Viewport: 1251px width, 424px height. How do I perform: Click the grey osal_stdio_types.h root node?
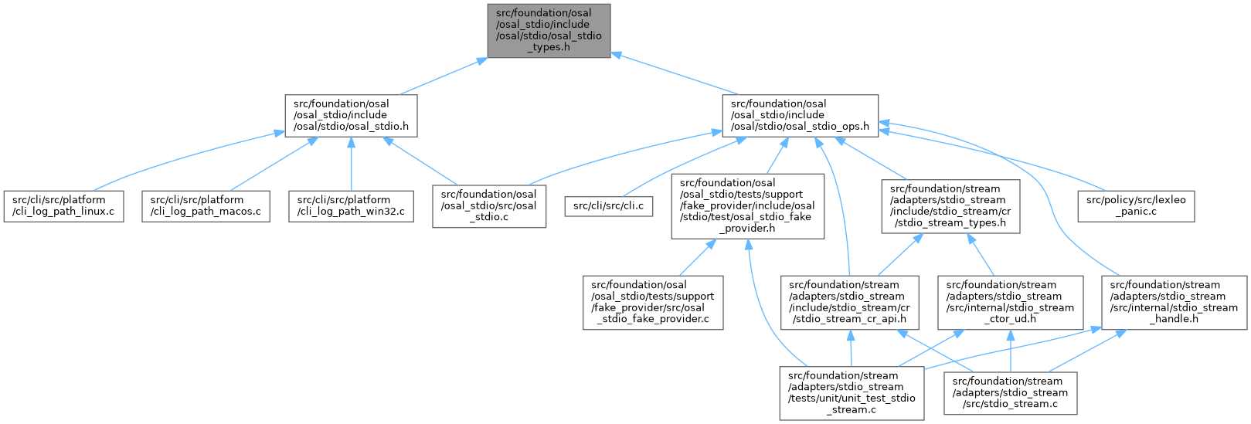tap(549, 29)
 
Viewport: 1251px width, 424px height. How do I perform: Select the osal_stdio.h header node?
tap(351, 116)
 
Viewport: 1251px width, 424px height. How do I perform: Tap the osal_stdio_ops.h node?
tap(800, 116)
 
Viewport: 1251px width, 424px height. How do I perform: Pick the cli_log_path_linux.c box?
tap(63, 205)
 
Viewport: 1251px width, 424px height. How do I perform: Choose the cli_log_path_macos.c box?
tap(206, 205)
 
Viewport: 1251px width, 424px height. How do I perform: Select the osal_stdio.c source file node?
tap(489, 205)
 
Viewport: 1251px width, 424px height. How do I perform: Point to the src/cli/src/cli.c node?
tap(609, 206)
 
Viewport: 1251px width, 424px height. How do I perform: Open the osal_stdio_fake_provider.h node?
tap(747, 205)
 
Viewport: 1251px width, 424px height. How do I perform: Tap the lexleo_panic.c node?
tap(1136, 205)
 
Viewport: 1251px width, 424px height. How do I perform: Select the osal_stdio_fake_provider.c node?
tap(653, 302)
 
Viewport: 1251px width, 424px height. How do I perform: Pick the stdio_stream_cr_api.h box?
tap(850, 302)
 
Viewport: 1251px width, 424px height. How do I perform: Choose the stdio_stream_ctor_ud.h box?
tap(1011, 302)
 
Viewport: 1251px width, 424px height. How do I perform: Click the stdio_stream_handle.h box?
tap(1175, 302)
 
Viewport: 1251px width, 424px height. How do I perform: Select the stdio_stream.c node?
tap(1011, 392)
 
